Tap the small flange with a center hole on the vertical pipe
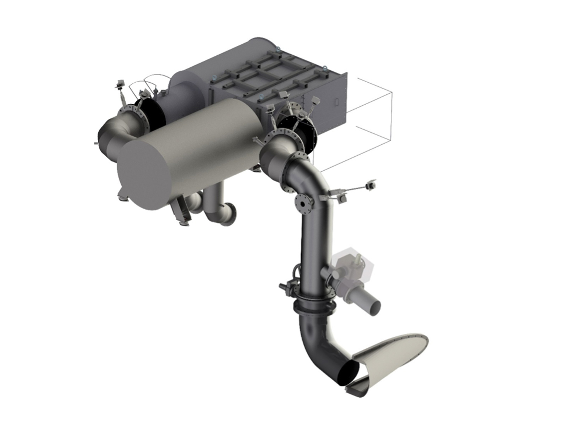click(303, 204)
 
